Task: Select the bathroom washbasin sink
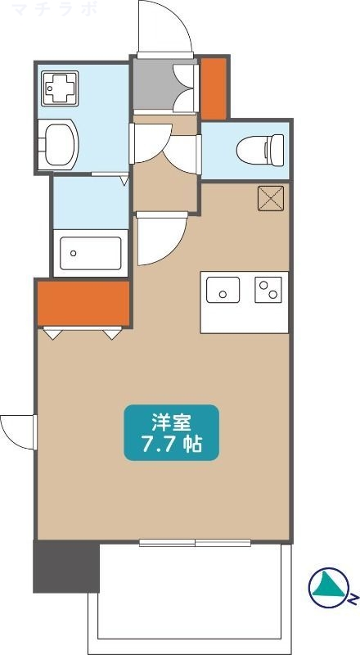(59, 144)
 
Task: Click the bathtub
(89, 252)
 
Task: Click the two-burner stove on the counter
(268, 289)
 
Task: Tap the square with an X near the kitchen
(270, 197)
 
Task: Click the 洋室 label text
(171, 423)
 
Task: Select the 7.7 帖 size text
(171, 445)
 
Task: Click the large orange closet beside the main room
(83, 302)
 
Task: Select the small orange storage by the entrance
(214, 88)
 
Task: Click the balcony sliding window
(195, 543)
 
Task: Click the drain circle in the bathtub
(73, 252)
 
